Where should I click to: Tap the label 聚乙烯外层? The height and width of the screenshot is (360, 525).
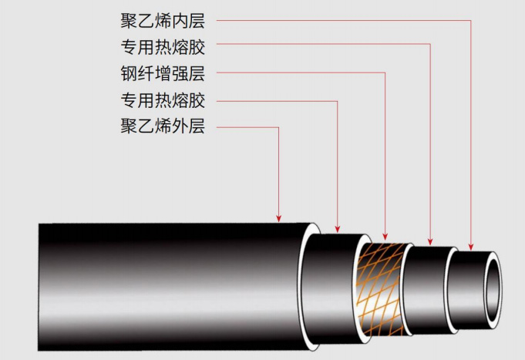[x=163, y=126]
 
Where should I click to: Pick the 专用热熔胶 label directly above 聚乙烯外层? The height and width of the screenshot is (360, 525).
[x=163, y=100]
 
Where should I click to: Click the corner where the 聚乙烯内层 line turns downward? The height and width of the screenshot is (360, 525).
[x=470, y=21]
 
